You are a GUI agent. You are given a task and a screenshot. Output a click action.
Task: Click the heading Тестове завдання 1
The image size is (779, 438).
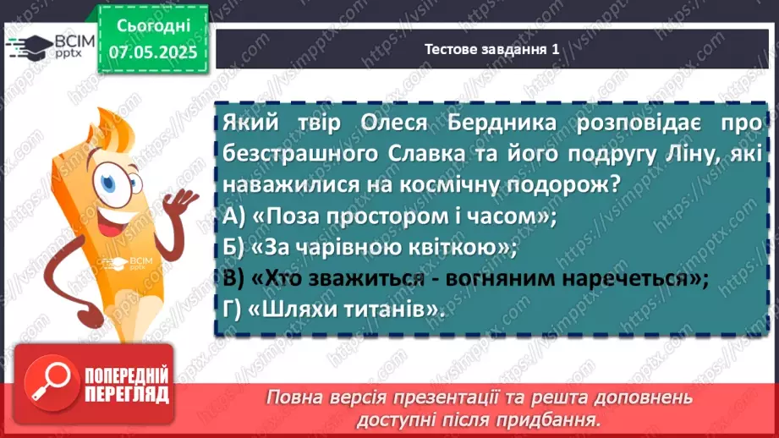click(491, 50)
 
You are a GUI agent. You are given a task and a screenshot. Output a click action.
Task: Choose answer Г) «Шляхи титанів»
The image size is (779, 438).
click(335, 309)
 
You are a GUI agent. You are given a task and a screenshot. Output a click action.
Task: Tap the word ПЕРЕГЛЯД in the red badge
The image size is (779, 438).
click(128, 395)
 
